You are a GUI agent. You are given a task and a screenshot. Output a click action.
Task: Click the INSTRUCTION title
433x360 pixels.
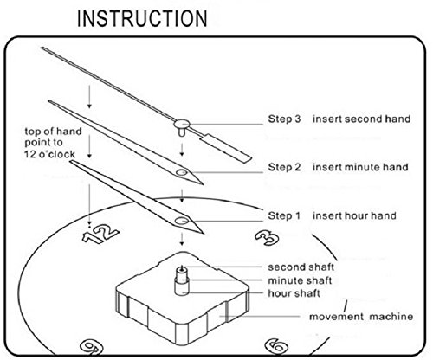tap(142, 19)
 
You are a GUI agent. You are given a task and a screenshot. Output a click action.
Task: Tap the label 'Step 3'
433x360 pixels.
tap(284, 119)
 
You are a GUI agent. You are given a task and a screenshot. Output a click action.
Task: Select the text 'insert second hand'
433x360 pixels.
tap(361, 119)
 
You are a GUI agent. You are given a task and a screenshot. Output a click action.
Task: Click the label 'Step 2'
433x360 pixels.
tap(284, 167)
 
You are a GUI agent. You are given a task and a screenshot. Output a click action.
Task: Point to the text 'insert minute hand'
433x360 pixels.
tap(360, 167)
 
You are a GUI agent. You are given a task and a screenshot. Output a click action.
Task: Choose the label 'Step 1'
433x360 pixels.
tap(284, 215)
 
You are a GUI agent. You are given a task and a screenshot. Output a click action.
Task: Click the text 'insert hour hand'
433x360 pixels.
tap(354, 215)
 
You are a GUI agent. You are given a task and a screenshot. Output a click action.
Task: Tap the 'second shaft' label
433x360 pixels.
tap(301, 267)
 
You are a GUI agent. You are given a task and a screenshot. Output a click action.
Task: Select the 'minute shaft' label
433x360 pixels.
tap(300, 280)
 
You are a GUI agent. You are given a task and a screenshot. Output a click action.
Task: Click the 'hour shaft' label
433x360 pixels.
tap(294, 293)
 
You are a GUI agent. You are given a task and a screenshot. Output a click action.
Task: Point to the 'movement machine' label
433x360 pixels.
tap(361, 317)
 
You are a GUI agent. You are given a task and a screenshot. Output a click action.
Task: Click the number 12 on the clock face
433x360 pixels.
tap(100, 234)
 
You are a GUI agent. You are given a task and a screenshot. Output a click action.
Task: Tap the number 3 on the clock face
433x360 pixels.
tap(268, 238)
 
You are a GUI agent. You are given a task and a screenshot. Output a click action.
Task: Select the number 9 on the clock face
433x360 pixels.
tap(91, 347)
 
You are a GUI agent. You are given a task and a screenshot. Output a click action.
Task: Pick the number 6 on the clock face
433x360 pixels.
tap(276, 346)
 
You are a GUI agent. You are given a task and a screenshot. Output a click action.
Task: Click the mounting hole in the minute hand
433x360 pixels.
tap(182, 172)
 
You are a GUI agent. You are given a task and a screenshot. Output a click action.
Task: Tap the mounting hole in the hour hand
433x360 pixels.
tap(182, 221)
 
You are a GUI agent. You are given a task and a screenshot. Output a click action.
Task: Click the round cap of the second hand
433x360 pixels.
tap(182, 125)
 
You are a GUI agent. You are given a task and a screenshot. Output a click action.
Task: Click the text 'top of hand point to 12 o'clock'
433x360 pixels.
tap(53, 143)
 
